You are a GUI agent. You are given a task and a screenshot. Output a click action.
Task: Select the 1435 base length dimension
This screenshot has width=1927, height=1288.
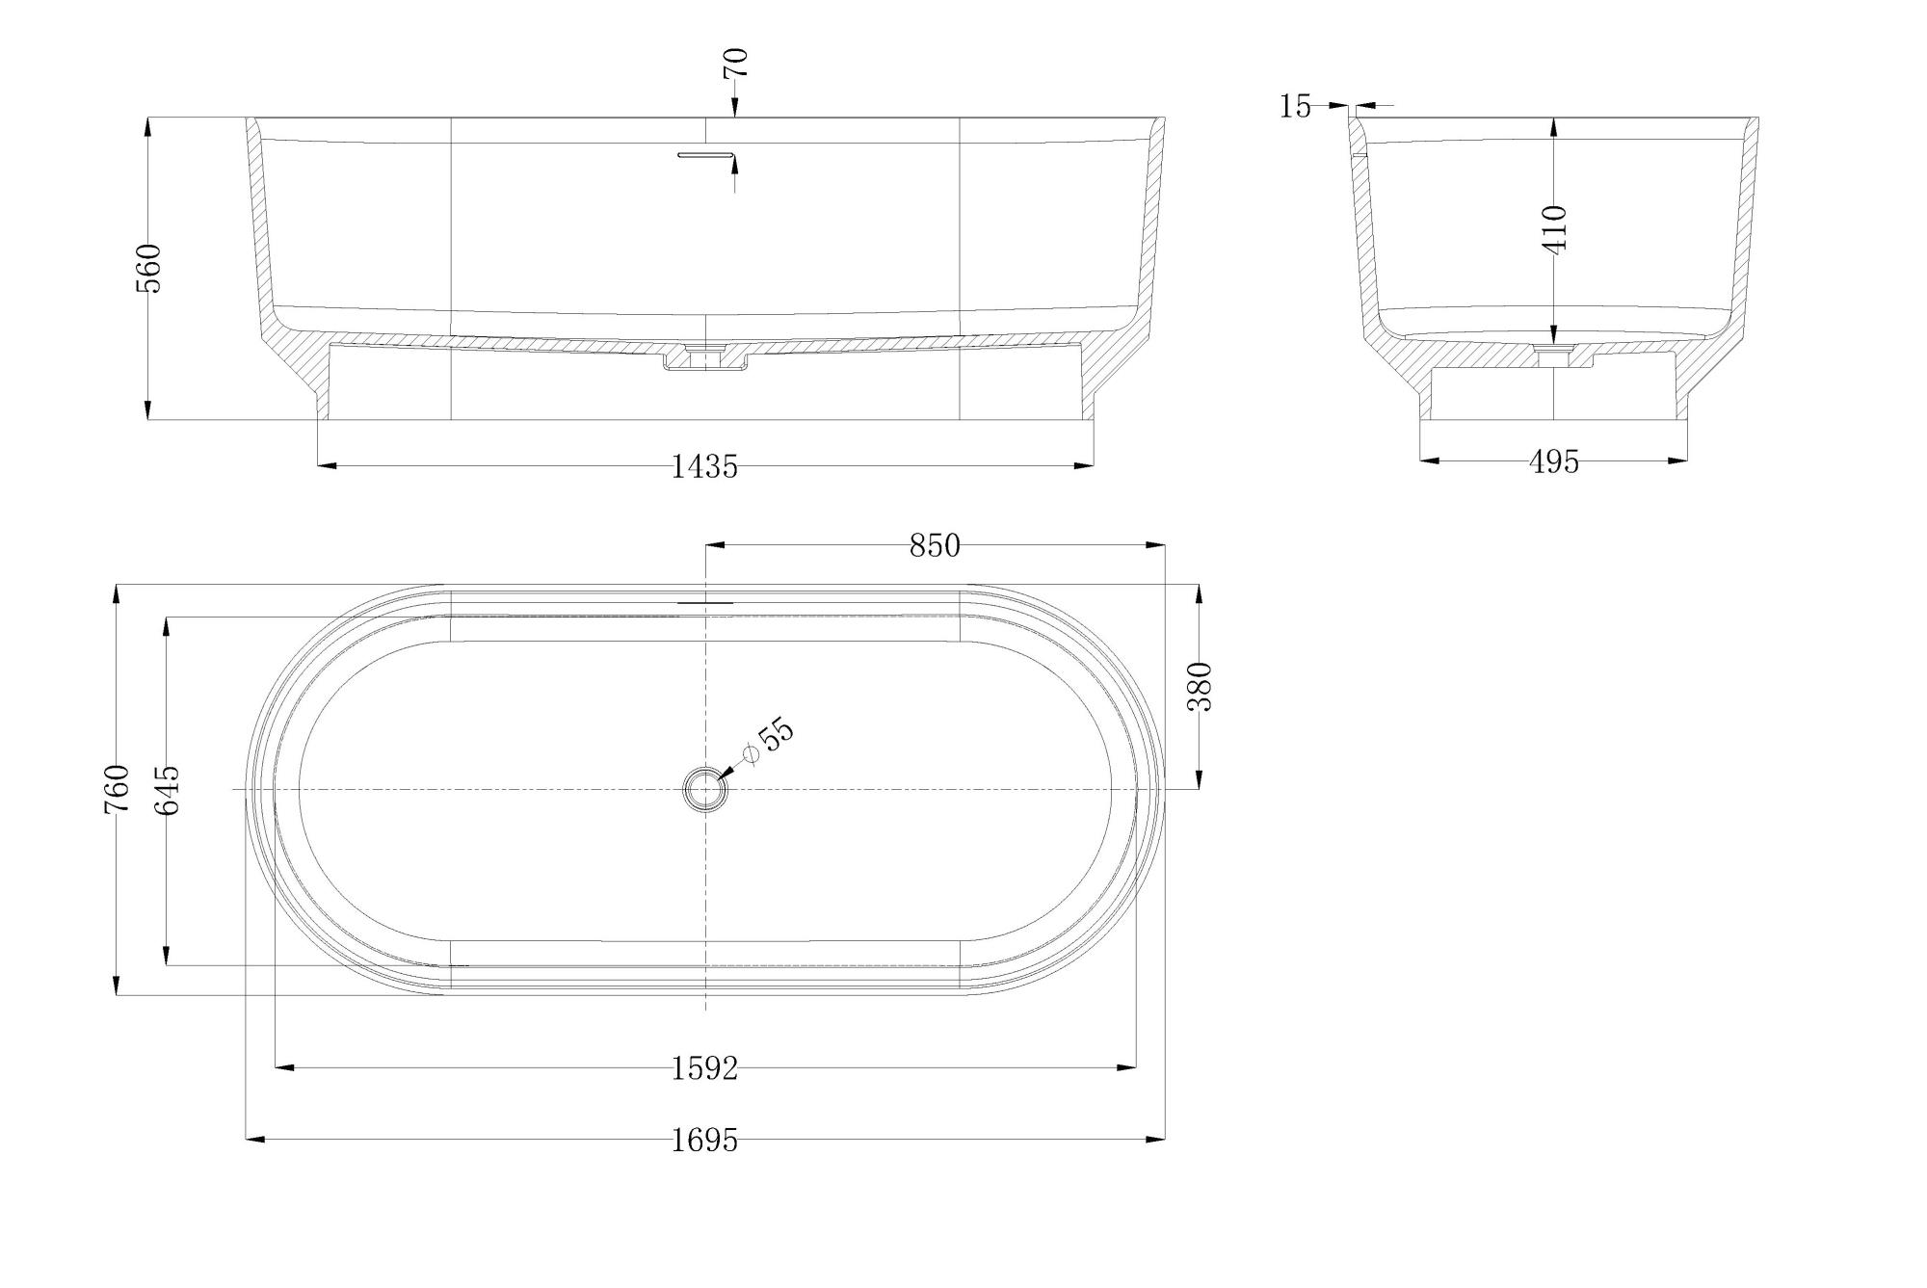(704, 467)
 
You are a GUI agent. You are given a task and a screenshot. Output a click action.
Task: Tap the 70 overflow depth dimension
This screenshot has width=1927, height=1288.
(735, 63)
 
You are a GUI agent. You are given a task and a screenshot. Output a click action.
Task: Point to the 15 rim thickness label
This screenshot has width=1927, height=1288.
(1296, 107)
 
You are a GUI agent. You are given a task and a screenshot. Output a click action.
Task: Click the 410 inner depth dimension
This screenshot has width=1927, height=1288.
(1555, 228)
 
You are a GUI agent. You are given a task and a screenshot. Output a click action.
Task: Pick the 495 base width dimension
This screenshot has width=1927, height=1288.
(1554, 462)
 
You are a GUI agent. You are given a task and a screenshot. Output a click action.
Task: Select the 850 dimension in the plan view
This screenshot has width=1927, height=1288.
(935, 546)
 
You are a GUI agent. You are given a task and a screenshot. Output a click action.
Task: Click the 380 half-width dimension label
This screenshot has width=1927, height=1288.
(1200, 686)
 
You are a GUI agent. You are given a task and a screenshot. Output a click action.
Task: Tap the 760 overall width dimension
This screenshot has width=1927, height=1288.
(117, 789)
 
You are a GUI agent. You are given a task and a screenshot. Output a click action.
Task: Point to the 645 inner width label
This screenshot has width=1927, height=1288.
(167, 790)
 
